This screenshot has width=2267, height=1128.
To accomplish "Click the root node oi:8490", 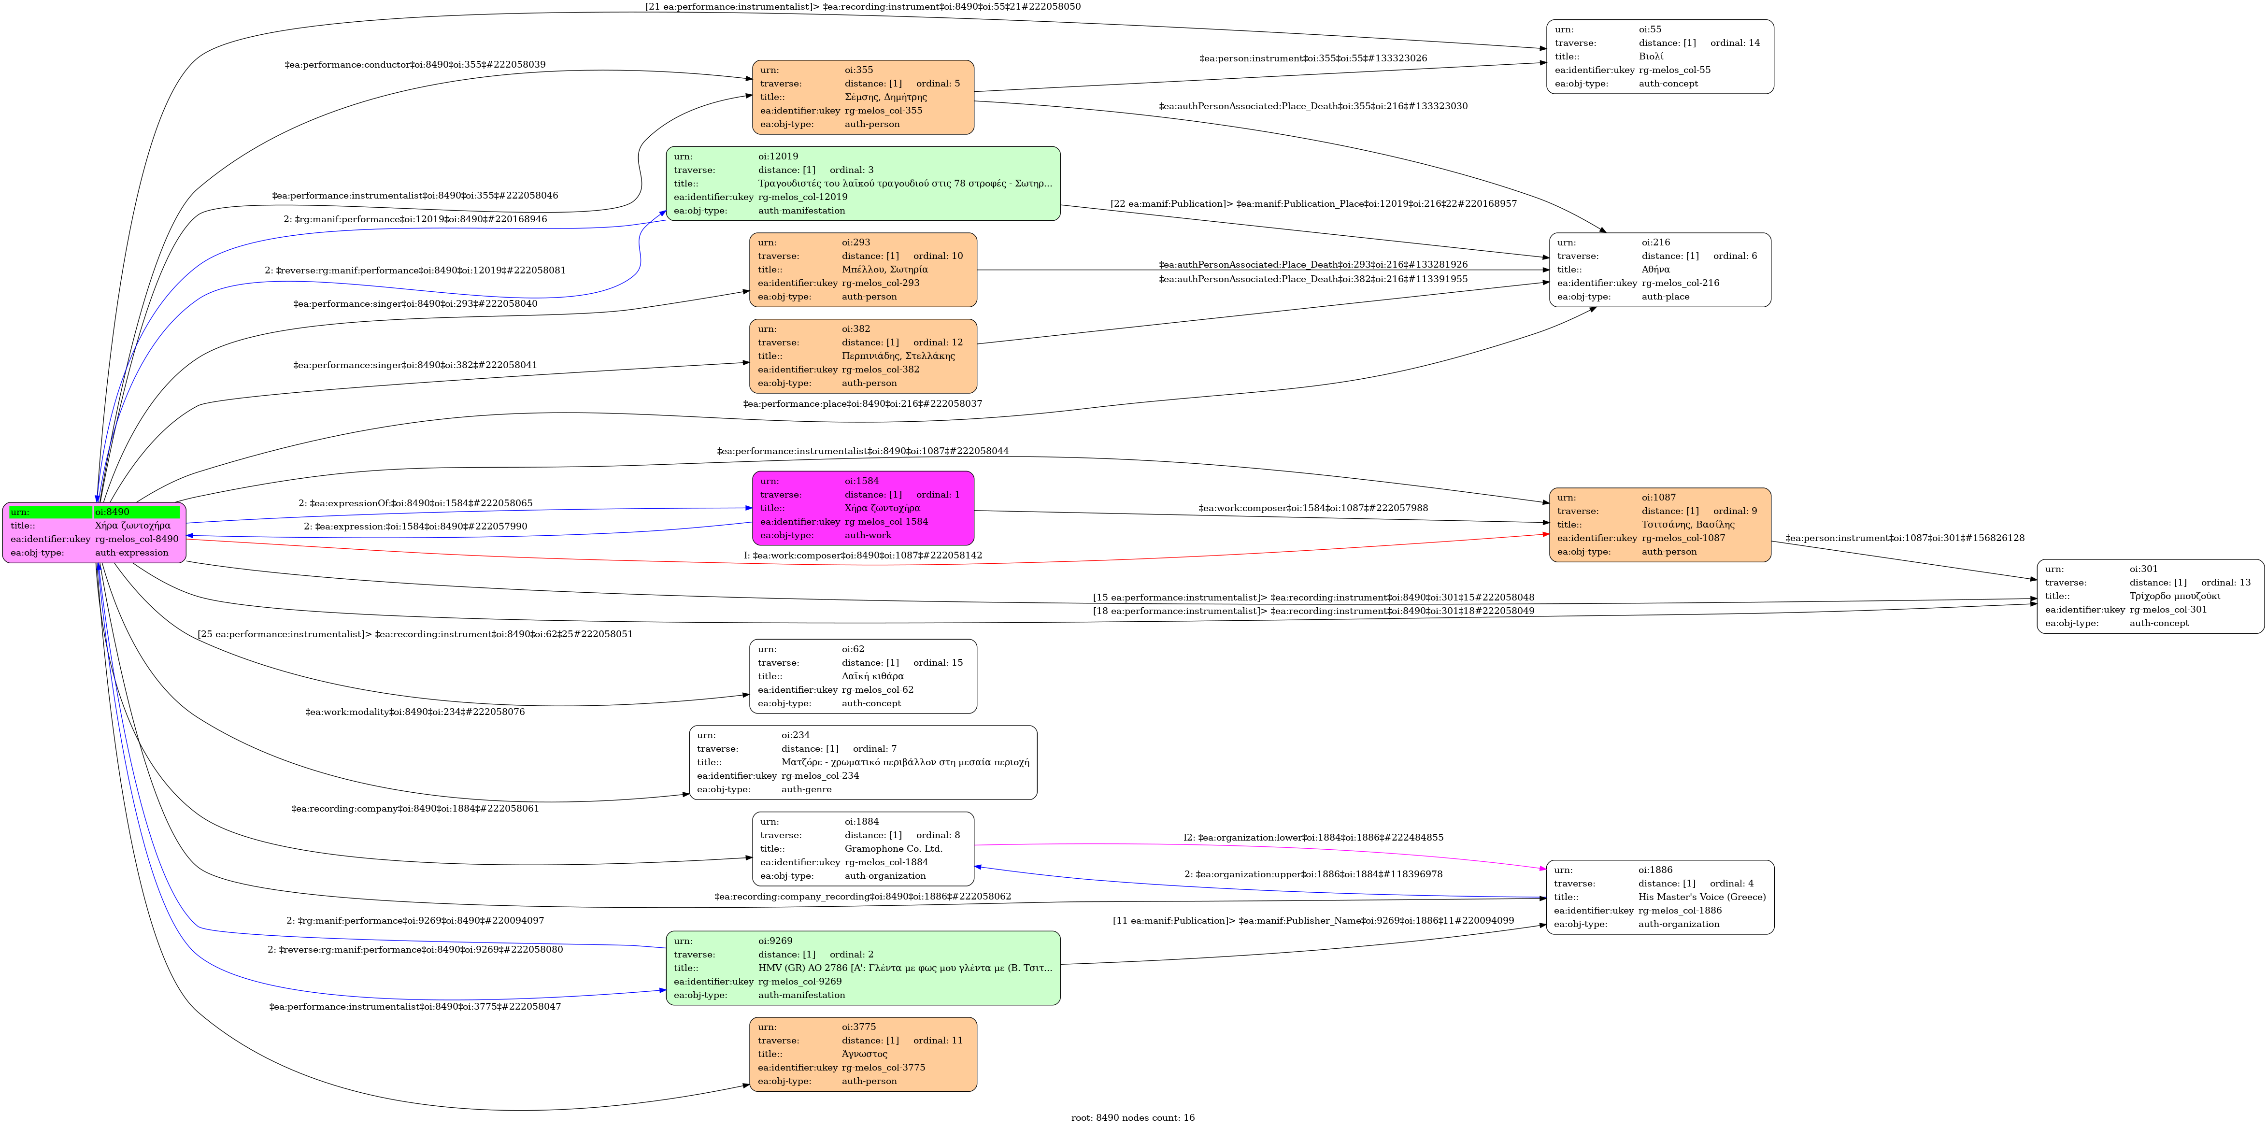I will point(94,532).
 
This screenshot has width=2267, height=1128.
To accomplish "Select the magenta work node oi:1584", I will point(862,508).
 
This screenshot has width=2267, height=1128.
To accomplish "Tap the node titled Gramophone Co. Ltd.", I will point(862,848).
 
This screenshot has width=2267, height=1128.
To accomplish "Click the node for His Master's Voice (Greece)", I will point(1660,897).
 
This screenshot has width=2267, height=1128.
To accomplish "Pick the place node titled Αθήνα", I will point(1660,269).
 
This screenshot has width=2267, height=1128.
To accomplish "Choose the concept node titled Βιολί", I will point(1660,57).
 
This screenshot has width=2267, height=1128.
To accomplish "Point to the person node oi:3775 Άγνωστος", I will point(862,1054).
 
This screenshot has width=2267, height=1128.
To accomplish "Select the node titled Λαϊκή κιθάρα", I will point(862,676).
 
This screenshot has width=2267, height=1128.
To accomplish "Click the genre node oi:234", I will point(862,762).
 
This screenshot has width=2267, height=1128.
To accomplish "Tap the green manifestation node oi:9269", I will point(862,968).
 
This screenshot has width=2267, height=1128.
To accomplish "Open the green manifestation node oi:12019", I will point(862,183).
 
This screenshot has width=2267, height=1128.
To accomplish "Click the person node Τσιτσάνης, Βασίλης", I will point(1660,525).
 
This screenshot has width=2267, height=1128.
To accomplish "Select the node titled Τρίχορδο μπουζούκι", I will point(2150,596).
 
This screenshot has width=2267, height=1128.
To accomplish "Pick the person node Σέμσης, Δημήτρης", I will point(862,97).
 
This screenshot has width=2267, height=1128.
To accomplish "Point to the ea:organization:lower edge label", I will point(1313,838).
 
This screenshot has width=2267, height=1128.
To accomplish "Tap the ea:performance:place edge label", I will point(862,404).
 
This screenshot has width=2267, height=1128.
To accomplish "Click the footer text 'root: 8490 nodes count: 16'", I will point(1133,1117).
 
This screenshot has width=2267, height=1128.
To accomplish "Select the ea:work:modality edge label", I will point(414,712).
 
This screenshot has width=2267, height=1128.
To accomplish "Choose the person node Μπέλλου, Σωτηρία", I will point(862,269).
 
